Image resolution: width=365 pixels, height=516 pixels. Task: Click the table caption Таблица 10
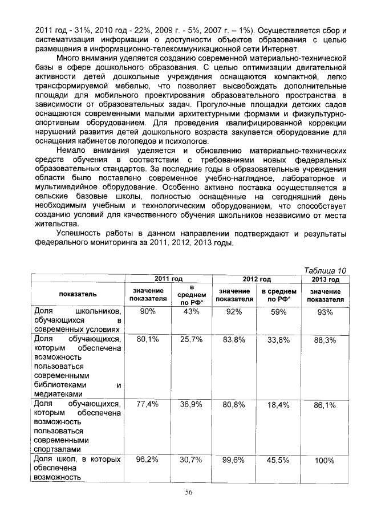[325, 270]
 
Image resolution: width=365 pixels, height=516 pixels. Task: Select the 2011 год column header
[168, 279]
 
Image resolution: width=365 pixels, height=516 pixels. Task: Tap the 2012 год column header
[257, 279]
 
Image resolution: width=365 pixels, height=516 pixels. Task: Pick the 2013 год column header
[326, 279]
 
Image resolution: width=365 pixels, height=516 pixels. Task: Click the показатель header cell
[78, 294]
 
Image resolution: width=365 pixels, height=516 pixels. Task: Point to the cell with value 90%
[148, 311]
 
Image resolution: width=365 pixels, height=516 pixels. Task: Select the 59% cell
[278, 312]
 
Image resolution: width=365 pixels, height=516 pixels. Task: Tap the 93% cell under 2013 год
[325, 312]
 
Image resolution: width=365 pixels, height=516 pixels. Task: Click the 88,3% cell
[325, 340]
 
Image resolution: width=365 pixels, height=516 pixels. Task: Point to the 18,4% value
[278, 404]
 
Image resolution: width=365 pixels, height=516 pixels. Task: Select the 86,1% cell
[325, 405]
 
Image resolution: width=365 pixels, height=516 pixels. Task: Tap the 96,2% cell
[147, 459]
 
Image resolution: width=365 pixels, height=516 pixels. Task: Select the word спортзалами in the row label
[56, 450]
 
